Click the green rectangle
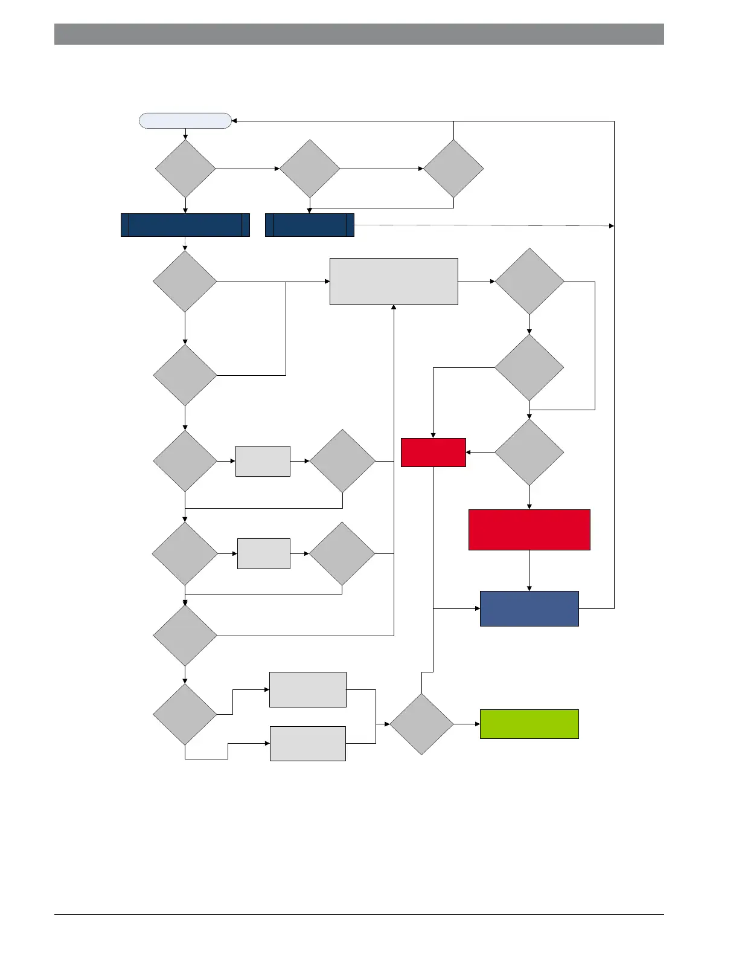click(x=529, y=724)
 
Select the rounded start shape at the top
click(x=185, y=121)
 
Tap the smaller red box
click(x=433, y=453)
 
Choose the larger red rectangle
click(x=529, y=530)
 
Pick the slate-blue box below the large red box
click(x=529, y=608)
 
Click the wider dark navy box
click(x=185, y=225)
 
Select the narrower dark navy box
click(x=309, y=225)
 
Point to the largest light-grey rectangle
click(x=394, y=282)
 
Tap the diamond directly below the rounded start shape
click(x=185, y=169)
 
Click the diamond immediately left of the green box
click(x=421, y=724)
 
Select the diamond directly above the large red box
click(x=529, y=453)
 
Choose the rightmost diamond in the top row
click(x=453, y=169)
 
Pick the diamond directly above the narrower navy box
click(x=310, y=169)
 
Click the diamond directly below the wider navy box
click(x=185, y=282)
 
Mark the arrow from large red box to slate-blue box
click(x=529, y=570)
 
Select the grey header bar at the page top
click(x=359, y=34)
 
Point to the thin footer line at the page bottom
click(x=359, y=915)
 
